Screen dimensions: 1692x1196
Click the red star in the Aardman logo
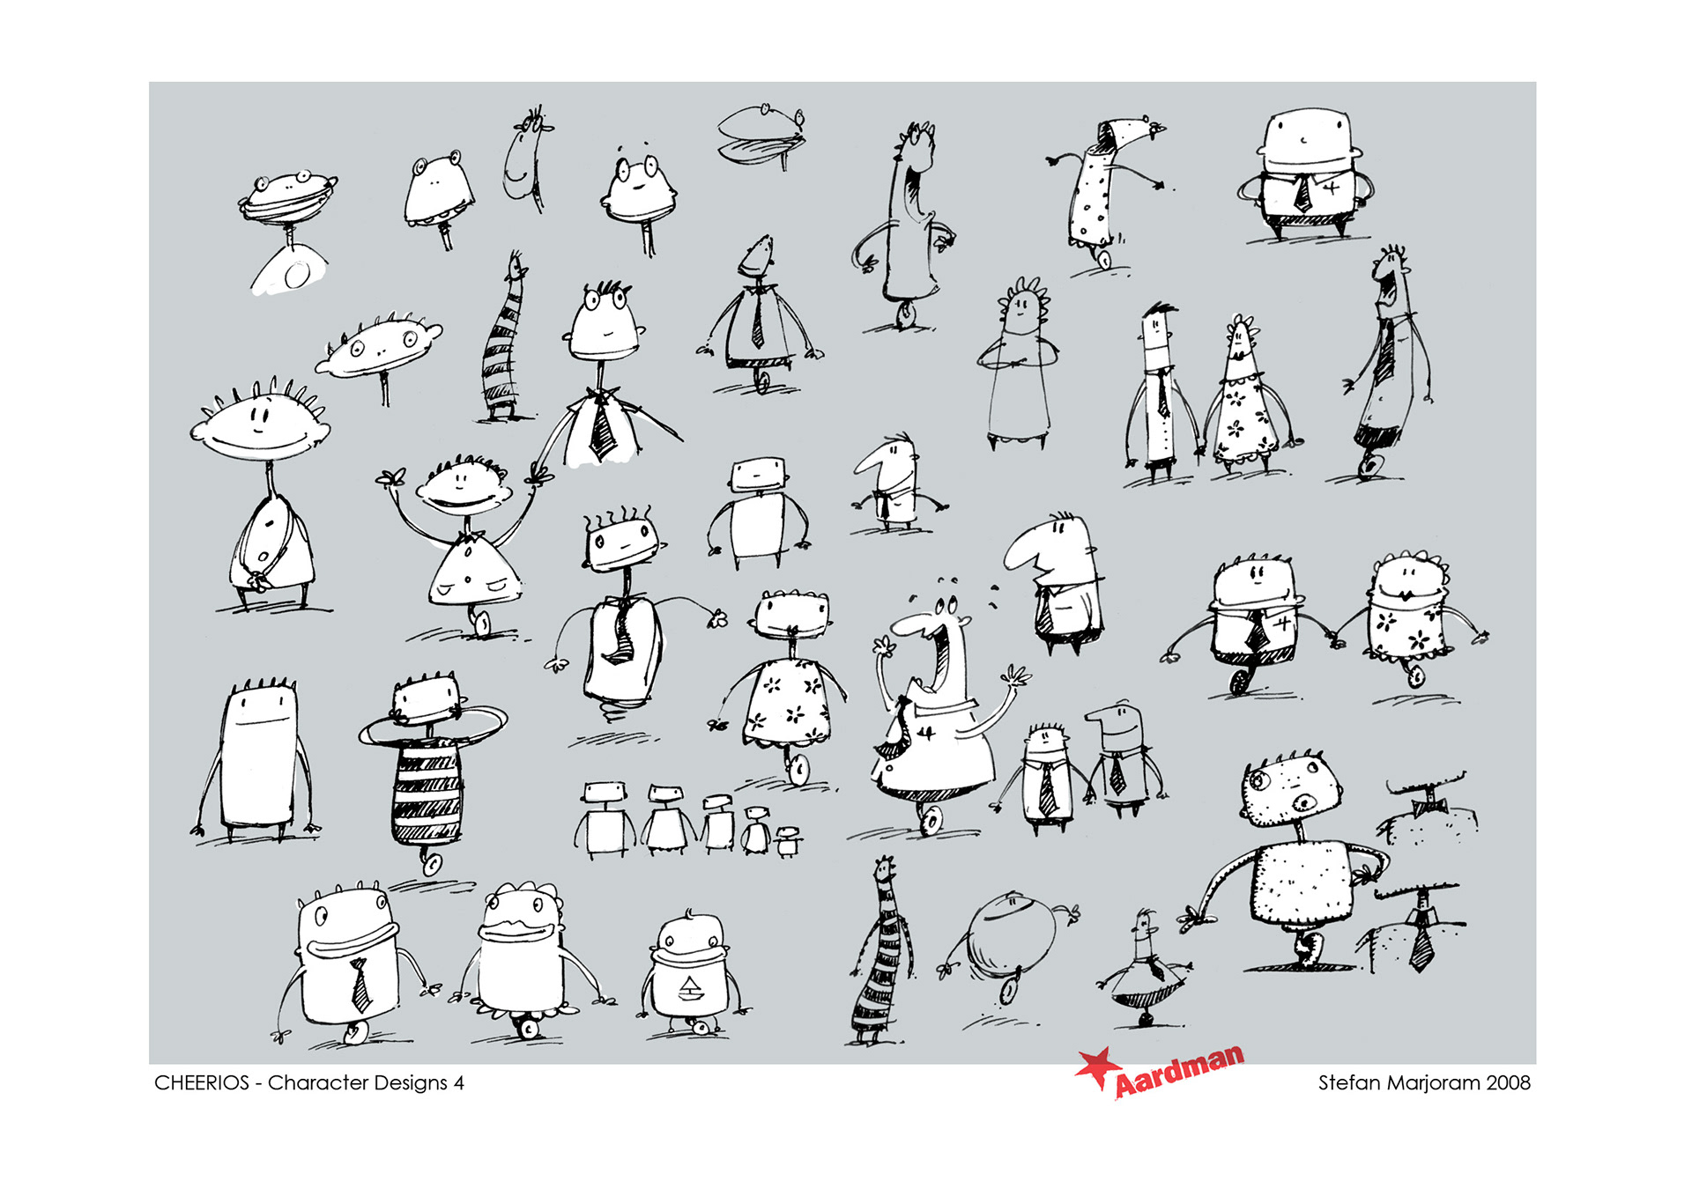click(1096, 1068)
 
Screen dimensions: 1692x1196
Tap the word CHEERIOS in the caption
click(202, 1083)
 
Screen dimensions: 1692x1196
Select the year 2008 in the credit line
click(1508, 1083)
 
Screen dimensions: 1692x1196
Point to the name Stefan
click(1349, 1083)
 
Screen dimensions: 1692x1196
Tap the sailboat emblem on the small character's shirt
click(690, 990)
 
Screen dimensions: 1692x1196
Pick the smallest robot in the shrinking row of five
click(787, 842)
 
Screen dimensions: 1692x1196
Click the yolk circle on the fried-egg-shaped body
click(297, 275)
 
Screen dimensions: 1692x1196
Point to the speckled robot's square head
click(1290, 792)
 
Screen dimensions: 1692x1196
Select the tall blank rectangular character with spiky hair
click(257, 757)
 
